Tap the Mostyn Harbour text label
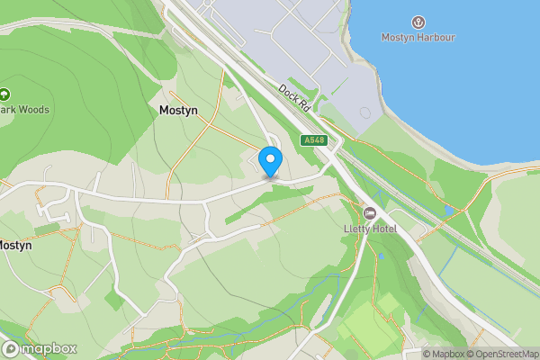(x=418, y=38)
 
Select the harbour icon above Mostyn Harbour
(x=418, y=22)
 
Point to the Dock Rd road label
(x=294, y=97)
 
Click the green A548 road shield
(x=313, y=140)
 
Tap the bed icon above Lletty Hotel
(x=370, y=212)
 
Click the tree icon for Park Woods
(x=5, y=94)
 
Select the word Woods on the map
(x=33, y=110)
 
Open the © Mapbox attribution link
(x=445, y=354)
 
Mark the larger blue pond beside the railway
(x=448, y=211)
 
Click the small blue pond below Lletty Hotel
(x=382, y=256)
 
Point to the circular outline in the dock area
(x=364, y=113)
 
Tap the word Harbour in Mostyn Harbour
(x=436, y=38)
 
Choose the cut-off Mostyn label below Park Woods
(x=15, y=245)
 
